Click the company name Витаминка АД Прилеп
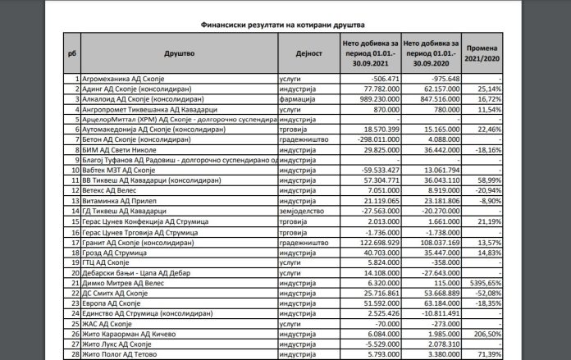(120, 198)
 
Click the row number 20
(72, 272)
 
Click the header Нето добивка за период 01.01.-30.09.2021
(367, 52)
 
